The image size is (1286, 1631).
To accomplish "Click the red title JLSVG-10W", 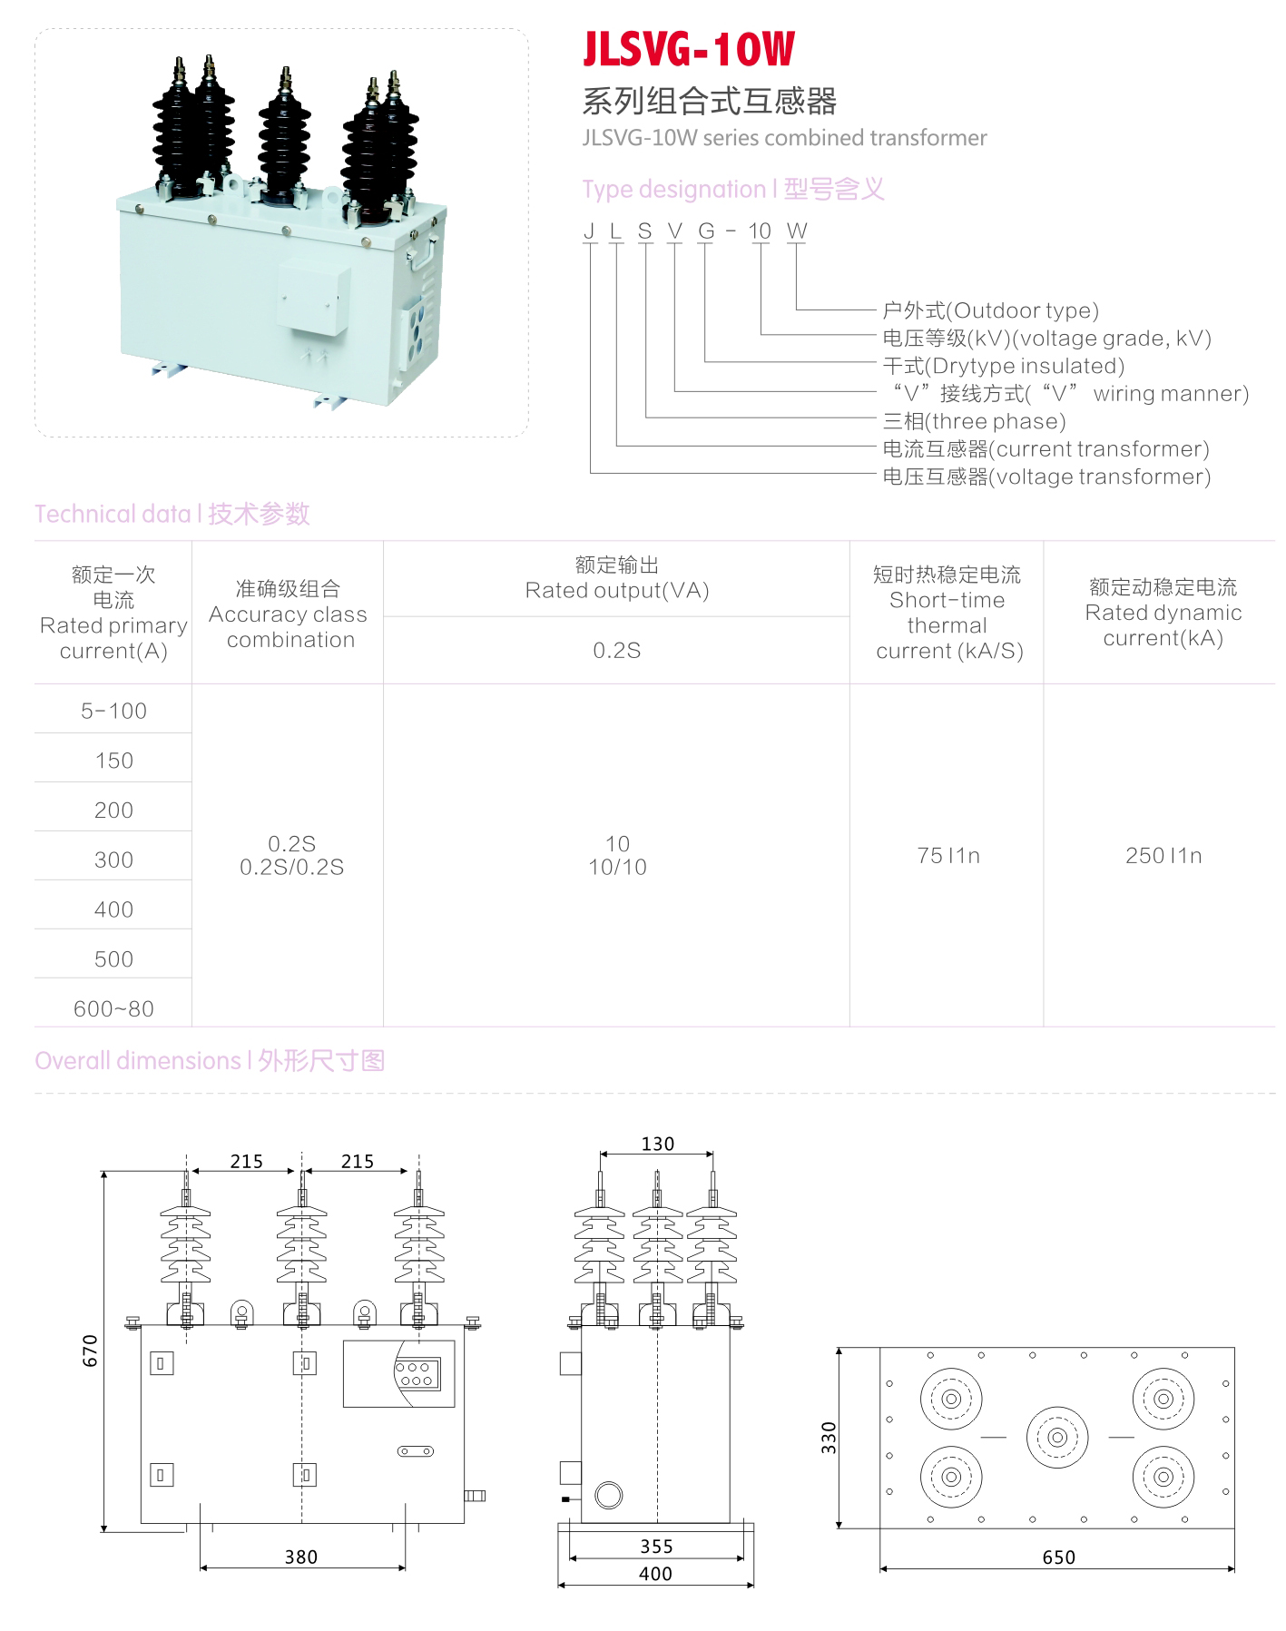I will tap(688, 50).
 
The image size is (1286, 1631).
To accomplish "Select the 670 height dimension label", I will tap(90, 1351).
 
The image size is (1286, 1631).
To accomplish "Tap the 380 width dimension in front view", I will tap(301, 1557).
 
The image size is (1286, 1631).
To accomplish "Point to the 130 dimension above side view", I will tap(657, 1144).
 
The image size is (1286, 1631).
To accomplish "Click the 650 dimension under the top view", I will tap(1058, 1557).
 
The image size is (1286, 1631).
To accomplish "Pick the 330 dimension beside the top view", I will tap(829, 1438).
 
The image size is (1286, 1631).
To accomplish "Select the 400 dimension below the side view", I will tap(655, 1573).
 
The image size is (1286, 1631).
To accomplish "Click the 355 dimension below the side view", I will tap(655, 1546).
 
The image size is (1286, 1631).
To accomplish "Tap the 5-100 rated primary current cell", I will tap(113, 711).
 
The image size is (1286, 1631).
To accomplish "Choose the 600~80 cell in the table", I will tap(113, 1008).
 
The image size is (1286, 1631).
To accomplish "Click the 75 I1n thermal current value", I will tap(947, 855).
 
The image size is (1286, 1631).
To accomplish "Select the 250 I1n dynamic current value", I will tap(1163, 855).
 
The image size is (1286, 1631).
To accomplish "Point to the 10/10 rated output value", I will tap(617, 867).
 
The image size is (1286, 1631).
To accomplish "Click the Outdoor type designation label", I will tap(990, 310).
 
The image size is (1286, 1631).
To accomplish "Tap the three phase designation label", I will tap(974, 421).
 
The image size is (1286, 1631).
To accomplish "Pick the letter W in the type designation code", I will tap(797, 231).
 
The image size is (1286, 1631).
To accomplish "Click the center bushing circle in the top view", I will tap(1057, 1437).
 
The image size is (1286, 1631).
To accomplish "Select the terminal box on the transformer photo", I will tap(313, 297).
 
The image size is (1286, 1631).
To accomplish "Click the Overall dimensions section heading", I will tap(210, 1060).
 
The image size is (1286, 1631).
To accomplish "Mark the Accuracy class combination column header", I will tap(288, 614).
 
